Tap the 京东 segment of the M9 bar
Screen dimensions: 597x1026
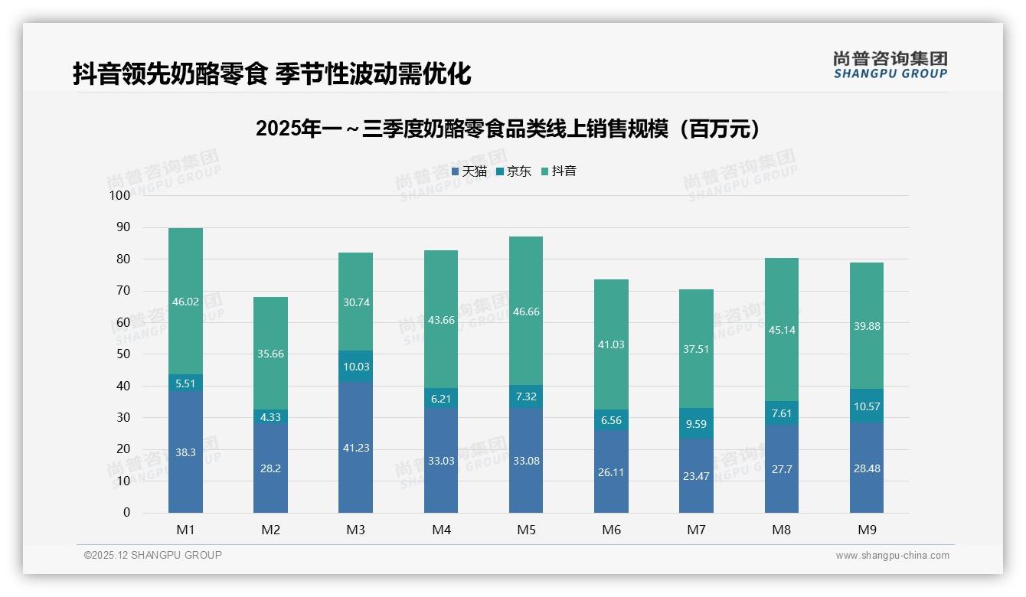tap(866, 406)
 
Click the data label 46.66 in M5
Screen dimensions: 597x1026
tap(526, 312)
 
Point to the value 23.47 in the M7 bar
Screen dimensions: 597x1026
tap(696, 475)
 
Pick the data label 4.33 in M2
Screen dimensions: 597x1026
tap(270, 417)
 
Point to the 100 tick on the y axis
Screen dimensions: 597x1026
tap(120, 196)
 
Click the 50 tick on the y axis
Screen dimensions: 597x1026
tap(123, 354)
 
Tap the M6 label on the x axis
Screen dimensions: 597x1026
tap(611, 530)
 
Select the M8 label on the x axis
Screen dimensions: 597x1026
tap(781, 530)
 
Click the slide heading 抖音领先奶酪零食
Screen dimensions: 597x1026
tap(272, 73)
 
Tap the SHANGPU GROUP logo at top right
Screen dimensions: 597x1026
tap(890, 65)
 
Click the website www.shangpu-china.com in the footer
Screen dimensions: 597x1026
tap(892, 556)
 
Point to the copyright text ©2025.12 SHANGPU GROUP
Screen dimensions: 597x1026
tap(153, 555)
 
